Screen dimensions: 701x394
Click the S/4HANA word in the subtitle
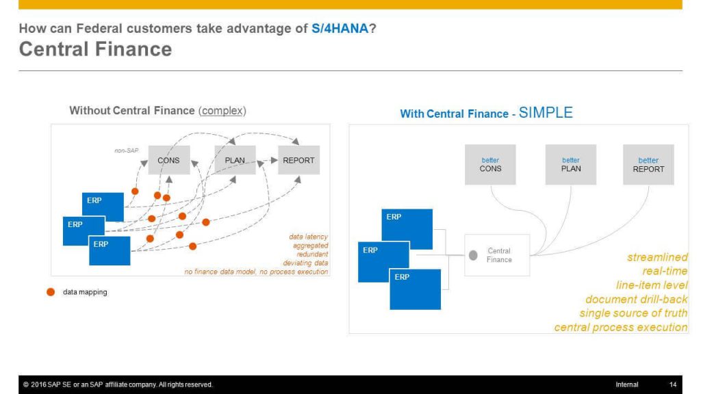pyautogui.click(x=340, y=29)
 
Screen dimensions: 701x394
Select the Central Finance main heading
pyautogui.click(x=95, y=49)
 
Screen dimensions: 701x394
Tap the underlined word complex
pyautogui.click(x=222, y=111)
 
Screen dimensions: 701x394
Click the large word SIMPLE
pyautogui.click(x=546, y=113)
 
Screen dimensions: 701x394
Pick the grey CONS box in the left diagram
pyautogui.click(x=169, y=160)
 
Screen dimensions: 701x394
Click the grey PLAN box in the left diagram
pyautogui.click(x=235, y=160)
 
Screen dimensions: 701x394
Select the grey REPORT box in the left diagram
pyautogui.click(x=298, y=160)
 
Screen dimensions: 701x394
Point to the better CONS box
pyautogui.click(x=490, y=164)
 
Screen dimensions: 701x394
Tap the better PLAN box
pyautogui.click(x=571, y=164)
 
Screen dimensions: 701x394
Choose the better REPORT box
pyautogui.click(x=649, y=164)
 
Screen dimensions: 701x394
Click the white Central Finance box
pyautogui.click(x=497, y=255)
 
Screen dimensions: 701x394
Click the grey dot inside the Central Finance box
pyautogui.click(x=473, y=256)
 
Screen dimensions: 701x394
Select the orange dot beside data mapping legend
pyautogui.click(x=51, y=291)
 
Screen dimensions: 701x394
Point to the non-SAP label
pyautogui.click(x=127, y=150)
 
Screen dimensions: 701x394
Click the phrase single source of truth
pyautogui.click(x=633, y=313)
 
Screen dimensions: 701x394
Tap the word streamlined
pyautogui.click(x=657, y=257)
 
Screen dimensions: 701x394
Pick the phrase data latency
pyautogui.click(x=309, y=237)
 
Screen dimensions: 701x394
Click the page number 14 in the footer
pyautogui.click(x=673, y=384)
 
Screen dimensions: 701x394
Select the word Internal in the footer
pyautogui.click(x=627, y=384)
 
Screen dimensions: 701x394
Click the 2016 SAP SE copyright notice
pyautogui.click(x=118, y=384)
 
